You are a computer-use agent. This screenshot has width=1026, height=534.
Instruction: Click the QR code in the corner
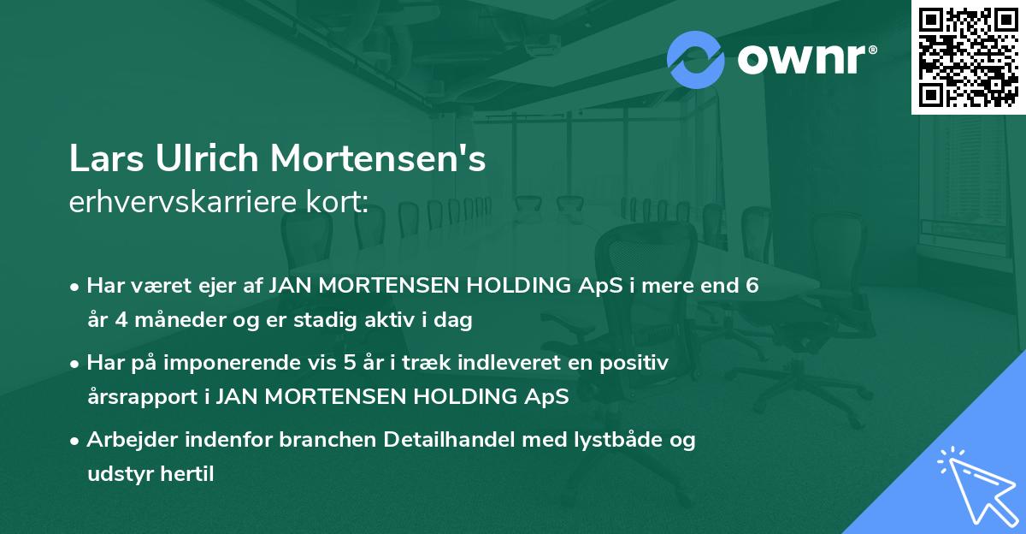coord(969,57)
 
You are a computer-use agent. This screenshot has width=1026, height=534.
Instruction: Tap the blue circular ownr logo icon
coord(695,59)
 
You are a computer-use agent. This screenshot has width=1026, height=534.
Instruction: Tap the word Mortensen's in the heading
coord(379,159)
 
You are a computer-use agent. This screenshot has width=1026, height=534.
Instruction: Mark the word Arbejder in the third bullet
coord(127,440)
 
